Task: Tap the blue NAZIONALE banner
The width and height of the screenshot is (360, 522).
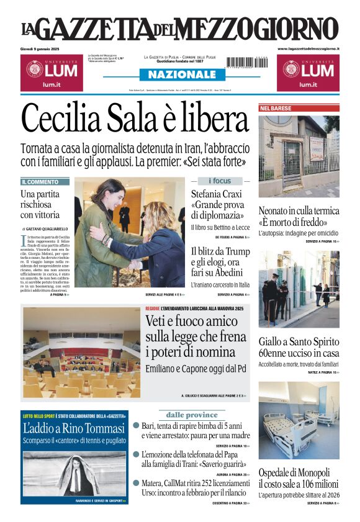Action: (x=179, y=74)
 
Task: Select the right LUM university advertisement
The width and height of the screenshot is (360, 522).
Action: (x=308, y=73)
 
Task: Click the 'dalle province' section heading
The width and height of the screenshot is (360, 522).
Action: (x=191, y=415)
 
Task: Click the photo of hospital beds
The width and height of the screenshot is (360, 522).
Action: (x=299, y=420)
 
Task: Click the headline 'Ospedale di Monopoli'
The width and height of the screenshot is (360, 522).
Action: (x=294, y=472)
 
